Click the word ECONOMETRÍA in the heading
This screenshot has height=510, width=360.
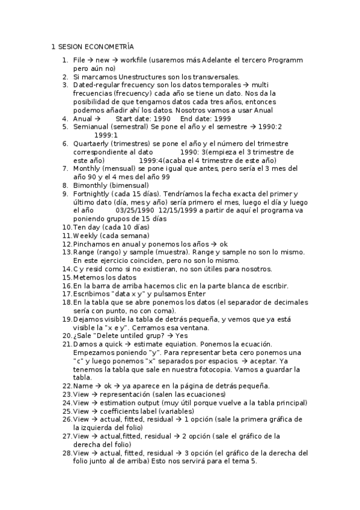pyautogui.click(x=110, y=46)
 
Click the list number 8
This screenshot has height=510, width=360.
pyautogui.click(x=65, y=186)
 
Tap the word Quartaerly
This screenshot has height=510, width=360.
pyautogui.click(x=93, y=144)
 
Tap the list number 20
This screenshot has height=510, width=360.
pyautogui.click(x=67, y=336)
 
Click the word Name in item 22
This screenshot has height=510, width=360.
pyautogui.click(x=83, y=386)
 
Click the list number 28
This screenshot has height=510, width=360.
pyautogui.click(x=67, y=453)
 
